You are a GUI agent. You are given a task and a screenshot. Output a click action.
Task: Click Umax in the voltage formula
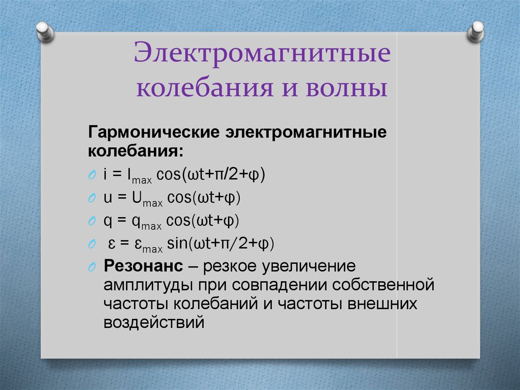(x=147, y=199)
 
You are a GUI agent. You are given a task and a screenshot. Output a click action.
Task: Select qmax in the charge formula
(x=147, y=222)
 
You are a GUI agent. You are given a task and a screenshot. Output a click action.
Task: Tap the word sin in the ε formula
(x=177, y=244)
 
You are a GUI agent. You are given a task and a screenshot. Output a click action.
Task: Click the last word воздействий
(x=154, y=322)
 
